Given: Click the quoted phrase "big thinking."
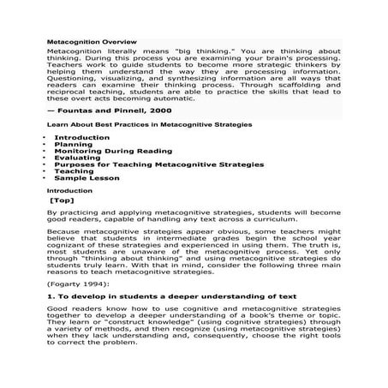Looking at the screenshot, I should pyautogui.click(x=182, y=51).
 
